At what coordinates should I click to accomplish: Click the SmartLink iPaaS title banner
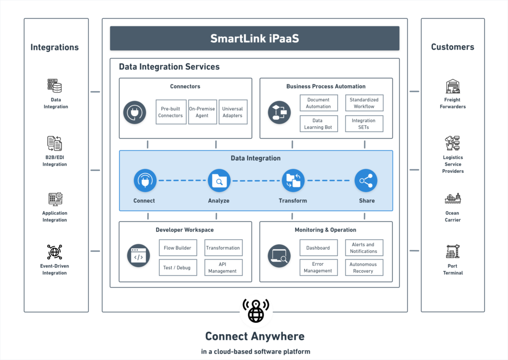[254, 38]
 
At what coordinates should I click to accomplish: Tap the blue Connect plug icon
[145, 181]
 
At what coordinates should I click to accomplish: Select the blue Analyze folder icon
[219, 181]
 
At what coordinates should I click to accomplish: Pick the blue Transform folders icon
[293, 181]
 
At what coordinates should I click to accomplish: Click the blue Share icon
[366, 181]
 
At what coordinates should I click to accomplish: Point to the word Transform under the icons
[293, 201]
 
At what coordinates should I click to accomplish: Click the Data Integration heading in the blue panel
[255, 158]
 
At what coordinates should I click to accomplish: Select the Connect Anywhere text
[254, 336]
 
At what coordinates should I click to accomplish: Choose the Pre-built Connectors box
[171, 112]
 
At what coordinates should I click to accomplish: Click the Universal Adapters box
[233, 112]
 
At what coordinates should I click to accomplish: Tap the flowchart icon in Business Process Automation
[280, 112]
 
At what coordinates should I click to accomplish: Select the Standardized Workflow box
[364, 103]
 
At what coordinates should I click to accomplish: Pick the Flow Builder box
[178, 248]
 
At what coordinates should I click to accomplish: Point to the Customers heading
[452, 47]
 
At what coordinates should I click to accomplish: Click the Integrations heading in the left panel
[55, 48]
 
